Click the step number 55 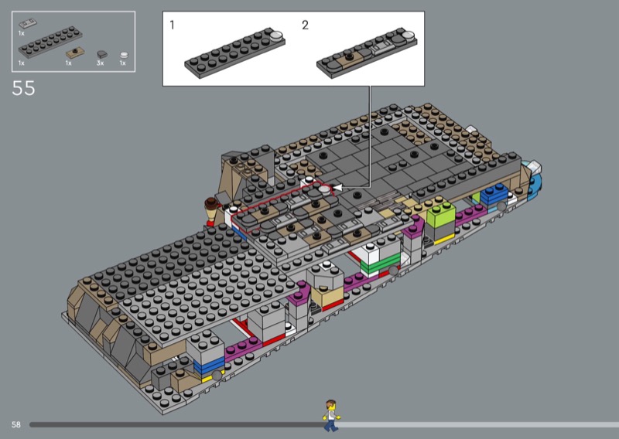tap(23, 88)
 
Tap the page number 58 tap(15, 424)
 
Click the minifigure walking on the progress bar tap(331, 415)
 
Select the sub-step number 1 tap(172, 26)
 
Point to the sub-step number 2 tap(305, 26)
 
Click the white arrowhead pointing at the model tap(337, 187)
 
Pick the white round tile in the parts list tap(124, 55)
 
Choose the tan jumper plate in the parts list tap(75, 52)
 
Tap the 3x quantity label tap(101, 63)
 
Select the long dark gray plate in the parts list tap(50, 42)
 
